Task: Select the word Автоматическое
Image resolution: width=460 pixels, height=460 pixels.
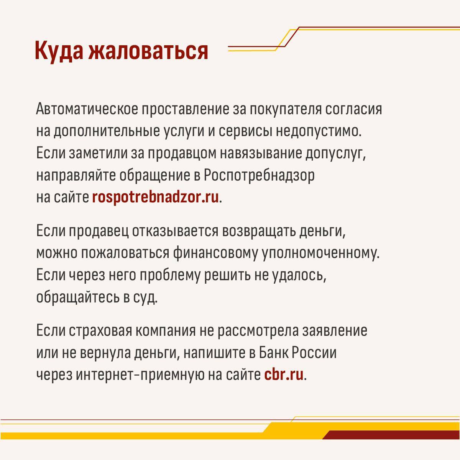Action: [x=87, y=109]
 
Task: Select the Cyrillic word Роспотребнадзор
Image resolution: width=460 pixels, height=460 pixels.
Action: [x=259, y=176]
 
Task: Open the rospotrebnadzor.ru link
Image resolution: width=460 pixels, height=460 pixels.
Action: [x=155, y=198]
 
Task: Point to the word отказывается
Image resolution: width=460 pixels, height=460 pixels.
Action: [x=175, y=231]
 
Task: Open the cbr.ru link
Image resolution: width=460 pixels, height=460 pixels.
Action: [x=284, y=375]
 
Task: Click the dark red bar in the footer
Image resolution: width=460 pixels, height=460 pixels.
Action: [x=391, y=435]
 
